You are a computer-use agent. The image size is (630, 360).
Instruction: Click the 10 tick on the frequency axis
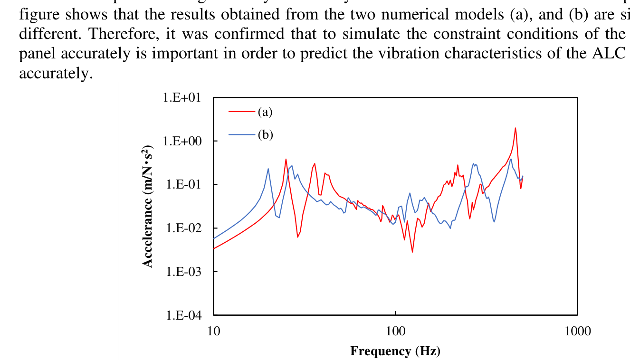pyautogui.click(x=214, y=331)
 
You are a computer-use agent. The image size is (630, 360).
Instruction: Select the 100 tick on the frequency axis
pyautogui.click(x=395, y=331)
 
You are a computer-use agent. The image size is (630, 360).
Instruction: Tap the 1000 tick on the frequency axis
pyautogui.click(x=577, y=331)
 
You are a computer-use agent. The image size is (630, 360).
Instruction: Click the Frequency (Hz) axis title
pyautogui.click(x=395, y=351)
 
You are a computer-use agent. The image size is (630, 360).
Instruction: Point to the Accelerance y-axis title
pyautogui.click(x=148, y=206)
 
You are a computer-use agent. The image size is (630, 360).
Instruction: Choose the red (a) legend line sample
pyautogui.click(x=242, y=112)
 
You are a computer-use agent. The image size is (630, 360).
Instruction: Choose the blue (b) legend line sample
pyautogui.click(x=242, y=135)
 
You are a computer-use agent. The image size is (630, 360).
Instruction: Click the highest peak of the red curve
pyautogui.click(x=515, y=128)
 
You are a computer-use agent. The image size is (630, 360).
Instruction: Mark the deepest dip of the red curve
pyautogui.click(x=412, y=252)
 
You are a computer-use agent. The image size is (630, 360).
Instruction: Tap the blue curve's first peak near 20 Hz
pyautogui.click(x=268, y=169)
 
